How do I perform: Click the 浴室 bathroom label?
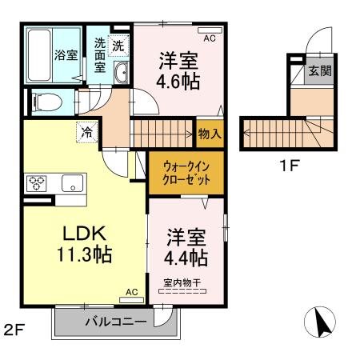[x=66, y=55]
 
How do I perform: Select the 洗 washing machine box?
[x=118, y=46]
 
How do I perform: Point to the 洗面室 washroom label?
[x=100, y=55]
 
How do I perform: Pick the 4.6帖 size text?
[x=178, y=81]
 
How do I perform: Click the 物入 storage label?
[x=210, y=134]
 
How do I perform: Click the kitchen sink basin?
[x=70, y=182]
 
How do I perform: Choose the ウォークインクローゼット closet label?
[x=187, y=174]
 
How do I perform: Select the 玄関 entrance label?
[x=319, y=70]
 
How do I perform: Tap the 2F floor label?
[x=14, y=327]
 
